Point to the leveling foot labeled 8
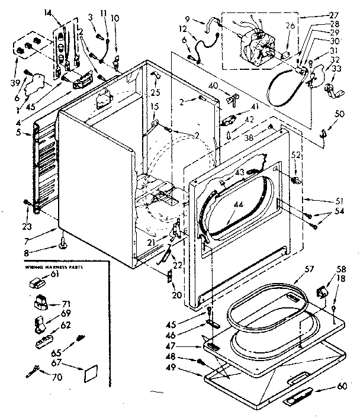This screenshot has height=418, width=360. (61, 242)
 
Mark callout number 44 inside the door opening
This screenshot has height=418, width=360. (237, 204)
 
